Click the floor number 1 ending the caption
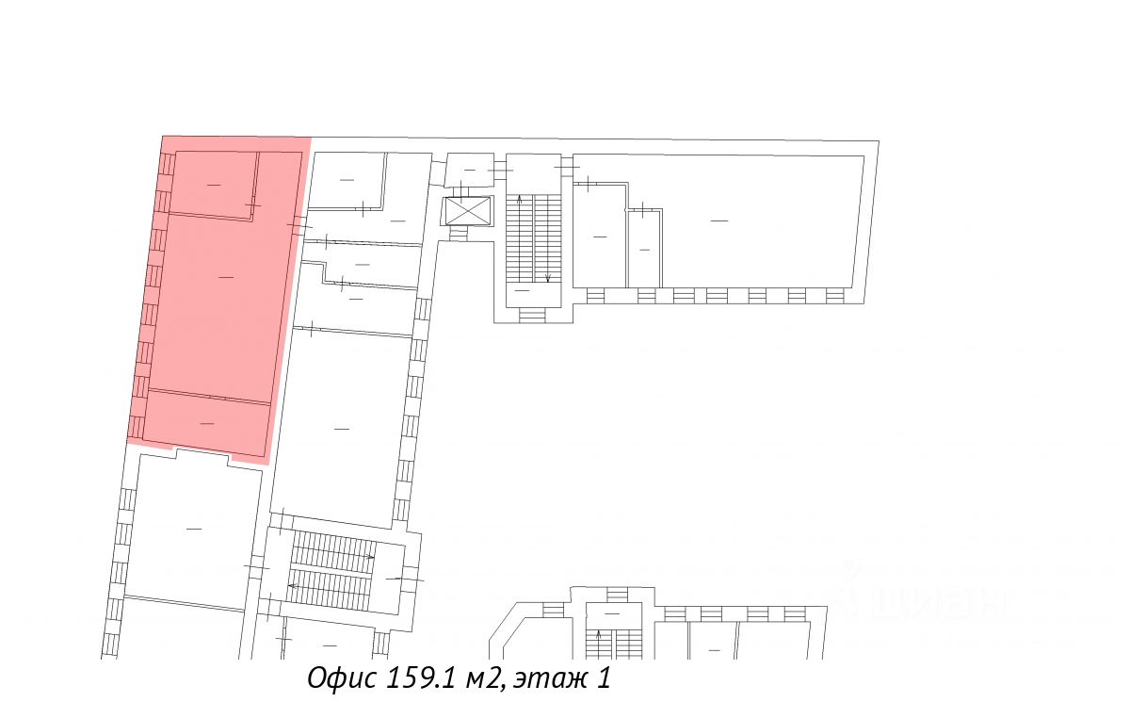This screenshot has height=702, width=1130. point(604,678)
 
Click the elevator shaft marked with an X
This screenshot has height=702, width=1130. point(468,211)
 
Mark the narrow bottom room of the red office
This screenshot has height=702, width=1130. point(207,423)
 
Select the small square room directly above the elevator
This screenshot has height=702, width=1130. point(468,170)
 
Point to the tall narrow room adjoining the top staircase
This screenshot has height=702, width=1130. point(599,236)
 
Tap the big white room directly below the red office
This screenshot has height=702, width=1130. point(193,528)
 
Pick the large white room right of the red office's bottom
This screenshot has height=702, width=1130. point(341,429)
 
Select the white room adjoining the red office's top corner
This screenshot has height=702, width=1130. point(347,179)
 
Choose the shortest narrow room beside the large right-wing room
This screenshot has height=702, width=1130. point(644,249)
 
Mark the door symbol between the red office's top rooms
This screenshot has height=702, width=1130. point(252,204)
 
